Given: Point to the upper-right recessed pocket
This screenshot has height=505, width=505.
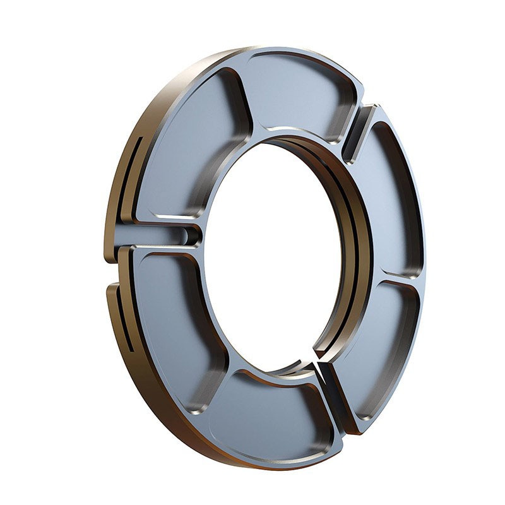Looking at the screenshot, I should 395,196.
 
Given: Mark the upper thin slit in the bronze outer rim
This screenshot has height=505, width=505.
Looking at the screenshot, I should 134,174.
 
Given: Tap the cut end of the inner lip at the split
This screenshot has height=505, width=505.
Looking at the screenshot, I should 309,369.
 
